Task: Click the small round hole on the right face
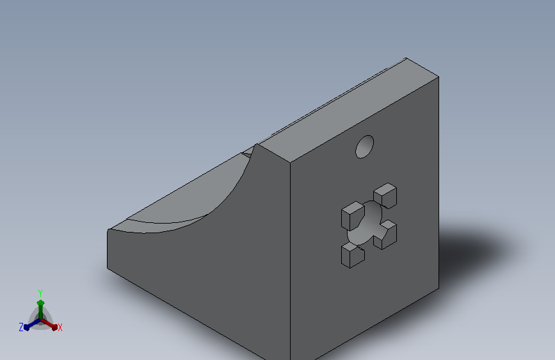pyautogui.click(x=365, y=147)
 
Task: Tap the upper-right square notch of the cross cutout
pyautogui.click(x=385, y=195)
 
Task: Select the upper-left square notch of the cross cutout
pyautogui.click(x=353, y=215)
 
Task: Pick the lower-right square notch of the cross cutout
pyautogui.click(x=386, y=235)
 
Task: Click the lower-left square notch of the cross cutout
pyautogui.click(x=353, y=255)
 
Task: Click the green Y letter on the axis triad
pyautogui.click(x=40, y=293)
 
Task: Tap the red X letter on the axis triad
pyautogui.click(x=60, y=327)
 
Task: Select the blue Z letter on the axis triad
pyautogui.click(x=21, y=327)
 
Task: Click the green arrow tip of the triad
pyautogui.click(x=41, y=302)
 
